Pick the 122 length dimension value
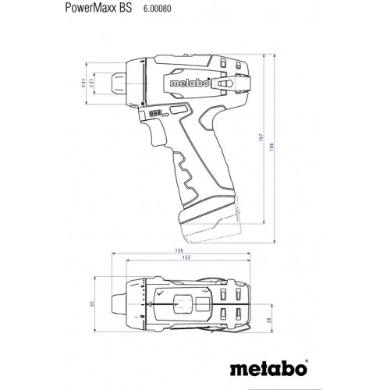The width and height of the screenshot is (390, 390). (183, 258)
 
